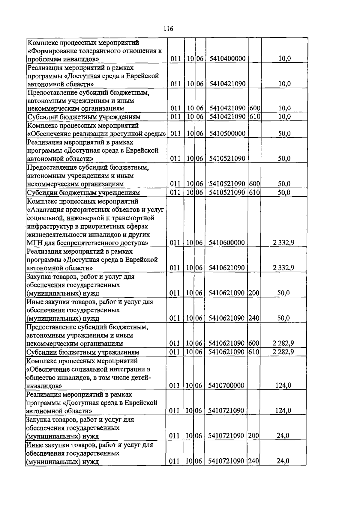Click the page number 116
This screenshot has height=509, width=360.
click(168, 29)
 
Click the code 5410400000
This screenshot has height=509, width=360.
click(227, 58)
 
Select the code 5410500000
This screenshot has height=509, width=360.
click(227, 133)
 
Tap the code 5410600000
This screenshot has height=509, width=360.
click(226, 243)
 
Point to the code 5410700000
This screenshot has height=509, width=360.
click(226, 385)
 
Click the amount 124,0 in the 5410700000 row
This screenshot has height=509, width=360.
click(283, 385)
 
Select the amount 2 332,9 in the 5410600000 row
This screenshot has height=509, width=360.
click(283, 243)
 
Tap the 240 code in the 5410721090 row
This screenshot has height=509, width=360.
click(253, 461)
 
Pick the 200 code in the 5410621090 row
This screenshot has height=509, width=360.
click(254, 293)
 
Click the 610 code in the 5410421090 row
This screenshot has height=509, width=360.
click(255, 117)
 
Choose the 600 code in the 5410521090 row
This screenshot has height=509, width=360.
click(254, 184)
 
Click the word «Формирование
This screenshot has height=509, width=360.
click(48, 51)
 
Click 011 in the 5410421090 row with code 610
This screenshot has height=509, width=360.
click(175, 117)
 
